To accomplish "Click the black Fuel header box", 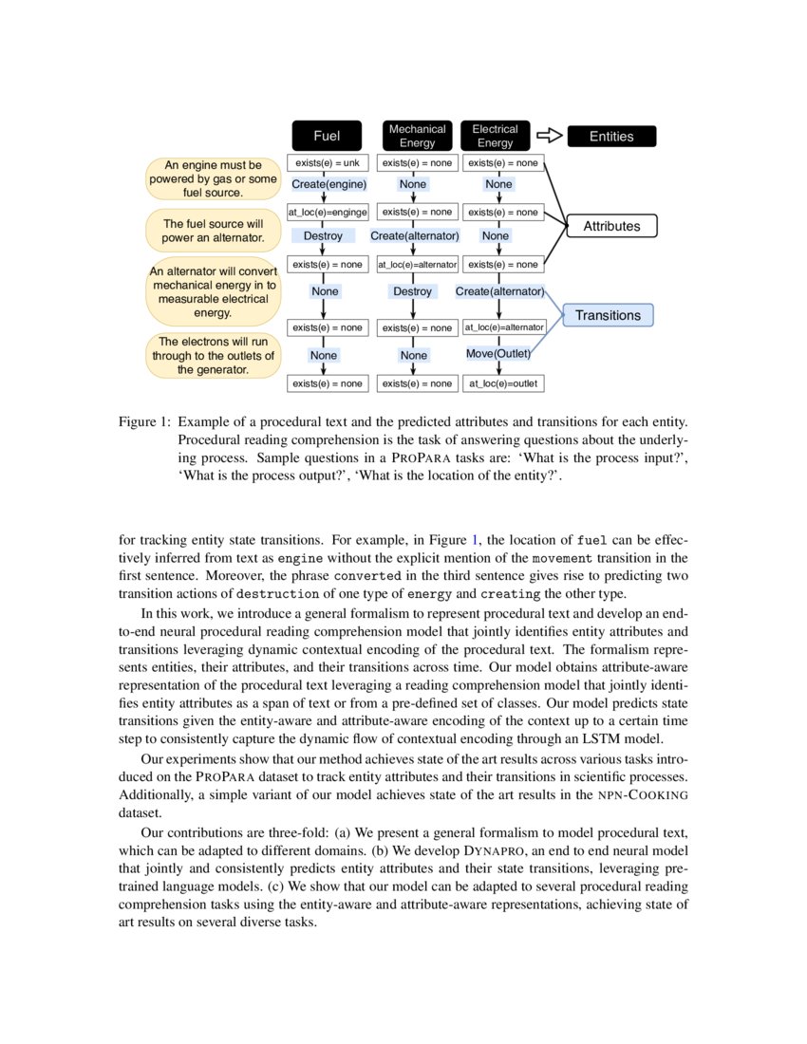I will point(327,136).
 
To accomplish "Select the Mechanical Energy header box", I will point(417,136).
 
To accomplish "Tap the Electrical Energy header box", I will point(495,136).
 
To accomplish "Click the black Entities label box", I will point(610,136).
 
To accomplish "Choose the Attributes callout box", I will point(610,226).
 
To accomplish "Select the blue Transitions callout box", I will point(608,315).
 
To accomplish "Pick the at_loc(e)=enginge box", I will point(327,213).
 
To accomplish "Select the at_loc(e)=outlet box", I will point(503,383).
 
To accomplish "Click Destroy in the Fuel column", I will point(323,235).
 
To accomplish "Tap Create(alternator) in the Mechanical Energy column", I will point(415,235).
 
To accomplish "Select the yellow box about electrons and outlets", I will point(213,356).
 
